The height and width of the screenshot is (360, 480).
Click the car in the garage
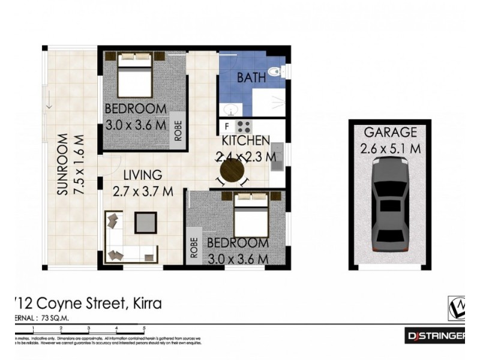tap(390, 205)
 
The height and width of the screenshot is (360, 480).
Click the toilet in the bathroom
tap(275, 73)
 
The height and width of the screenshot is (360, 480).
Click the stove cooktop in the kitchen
tap(243, 127)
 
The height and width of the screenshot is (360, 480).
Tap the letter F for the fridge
tap(227, 127)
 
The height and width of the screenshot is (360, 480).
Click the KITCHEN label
tap(246, 142)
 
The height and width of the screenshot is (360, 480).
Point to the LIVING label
tap(143, 175)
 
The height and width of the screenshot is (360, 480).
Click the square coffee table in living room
tap(146, 223)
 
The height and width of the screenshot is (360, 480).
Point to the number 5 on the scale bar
tap(144, 328)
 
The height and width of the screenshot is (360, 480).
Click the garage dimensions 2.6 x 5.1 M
tap(390, 148)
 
